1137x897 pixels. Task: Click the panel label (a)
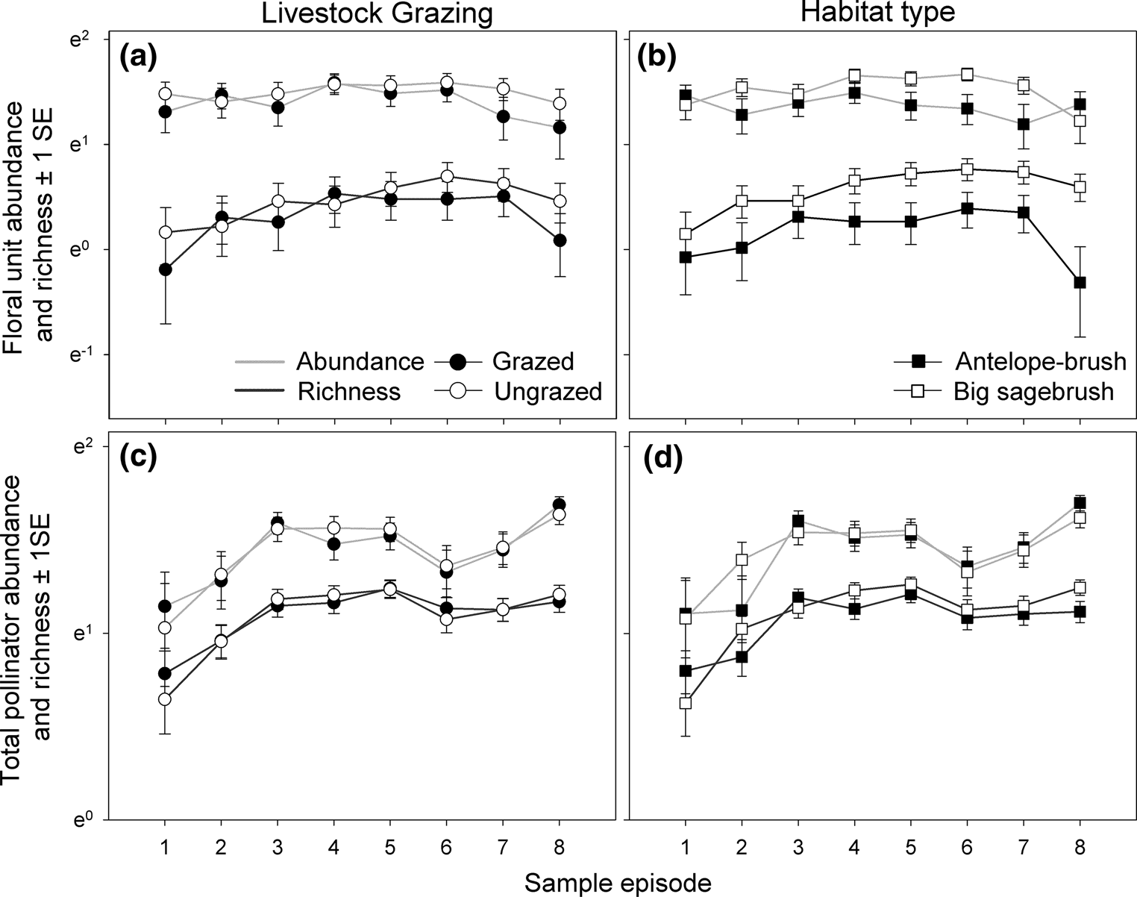click(138, 57)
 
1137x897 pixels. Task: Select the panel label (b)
click(659, 57)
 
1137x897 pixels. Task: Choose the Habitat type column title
click(881, 13)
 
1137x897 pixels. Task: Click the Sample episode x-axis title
click(618, 883)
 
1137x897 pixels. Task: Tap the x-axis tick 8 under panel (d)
click(1080, 847)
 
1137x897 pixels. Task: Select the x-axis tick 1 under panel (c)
click(165, 847)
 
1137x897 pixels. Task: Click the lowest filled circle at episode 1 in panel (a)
click(166, 269)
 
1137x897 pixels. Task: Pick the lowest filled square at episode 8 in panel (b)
click(1080, 282)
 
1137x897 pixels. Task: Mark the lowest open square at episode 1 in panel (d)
click(686, 703)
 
